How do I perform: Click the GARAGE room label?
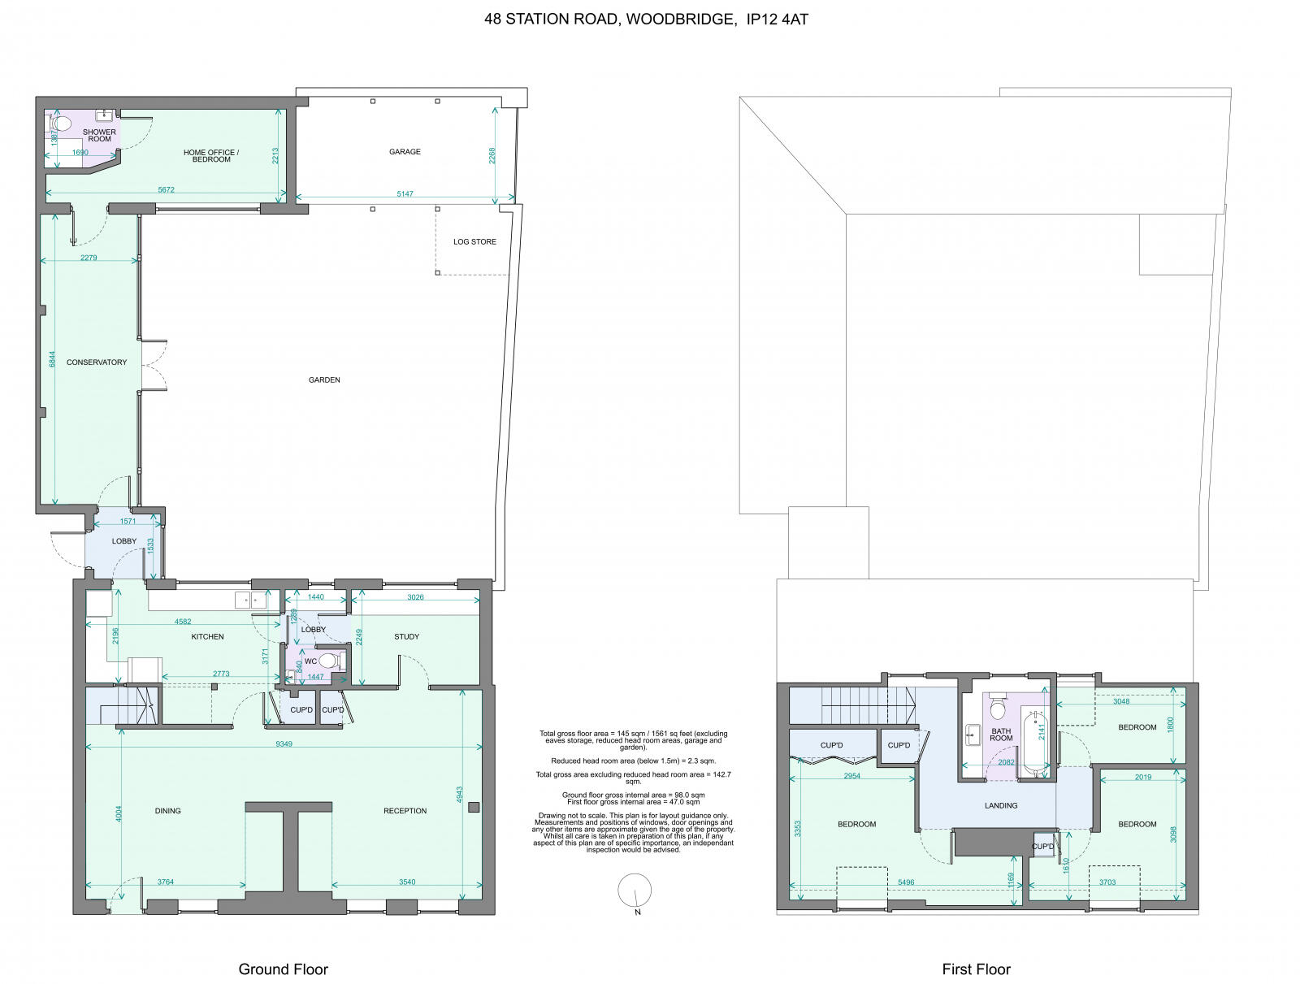click(405, 152)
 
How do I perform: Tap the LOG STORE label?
click(474, 242)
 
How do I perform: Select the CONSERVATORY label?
click(97, 362)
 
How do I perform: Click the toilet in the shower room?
click(63, 124)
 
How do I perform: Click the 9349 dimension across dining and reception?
click(284, 744)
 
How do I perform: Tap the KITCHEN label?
click(207, 637)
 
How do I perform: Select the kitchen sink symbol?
click(251, 600)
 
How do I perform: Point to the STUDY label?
click(406, 637)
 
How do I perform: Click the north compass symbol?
click(635, 891)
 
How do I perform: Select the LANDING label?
click(1000, 806)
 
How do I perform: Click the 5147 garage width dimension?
click(404, 195)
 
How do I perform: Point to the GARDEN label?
click(324, 380)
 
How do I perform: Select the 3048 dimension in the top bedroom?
click(1120, 701)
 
